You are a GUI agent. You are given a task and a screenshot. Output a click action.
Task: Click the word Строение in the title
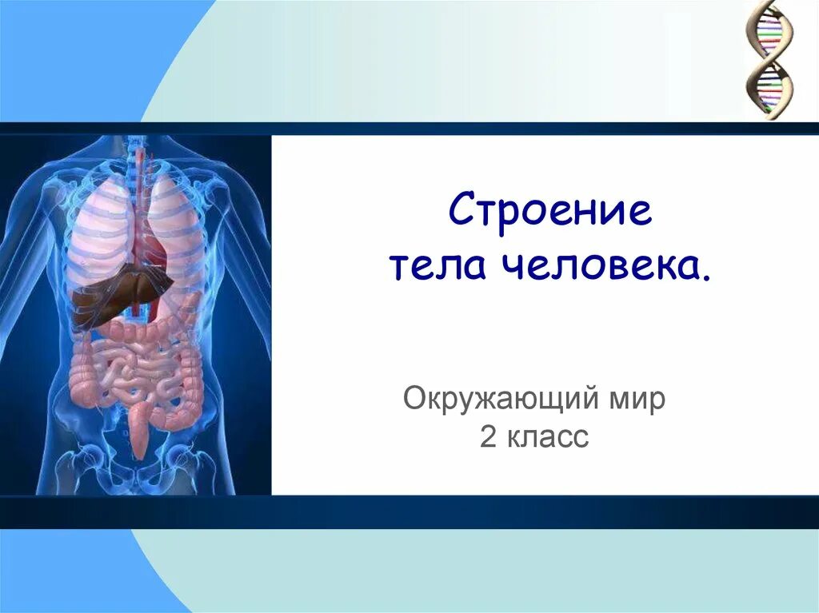[550, 213]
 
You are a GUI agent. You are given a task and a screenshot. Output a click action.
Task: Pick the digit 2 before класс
[488, 436]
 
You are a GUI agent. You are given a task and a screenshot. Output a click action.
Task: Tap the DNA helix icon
[769, 60]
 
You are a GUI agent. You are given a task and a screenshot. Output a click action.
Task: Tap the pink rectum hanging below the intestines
[140, 432]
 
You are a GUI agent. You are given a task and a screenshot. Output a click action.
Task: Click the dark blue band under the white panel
[409, 511]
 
